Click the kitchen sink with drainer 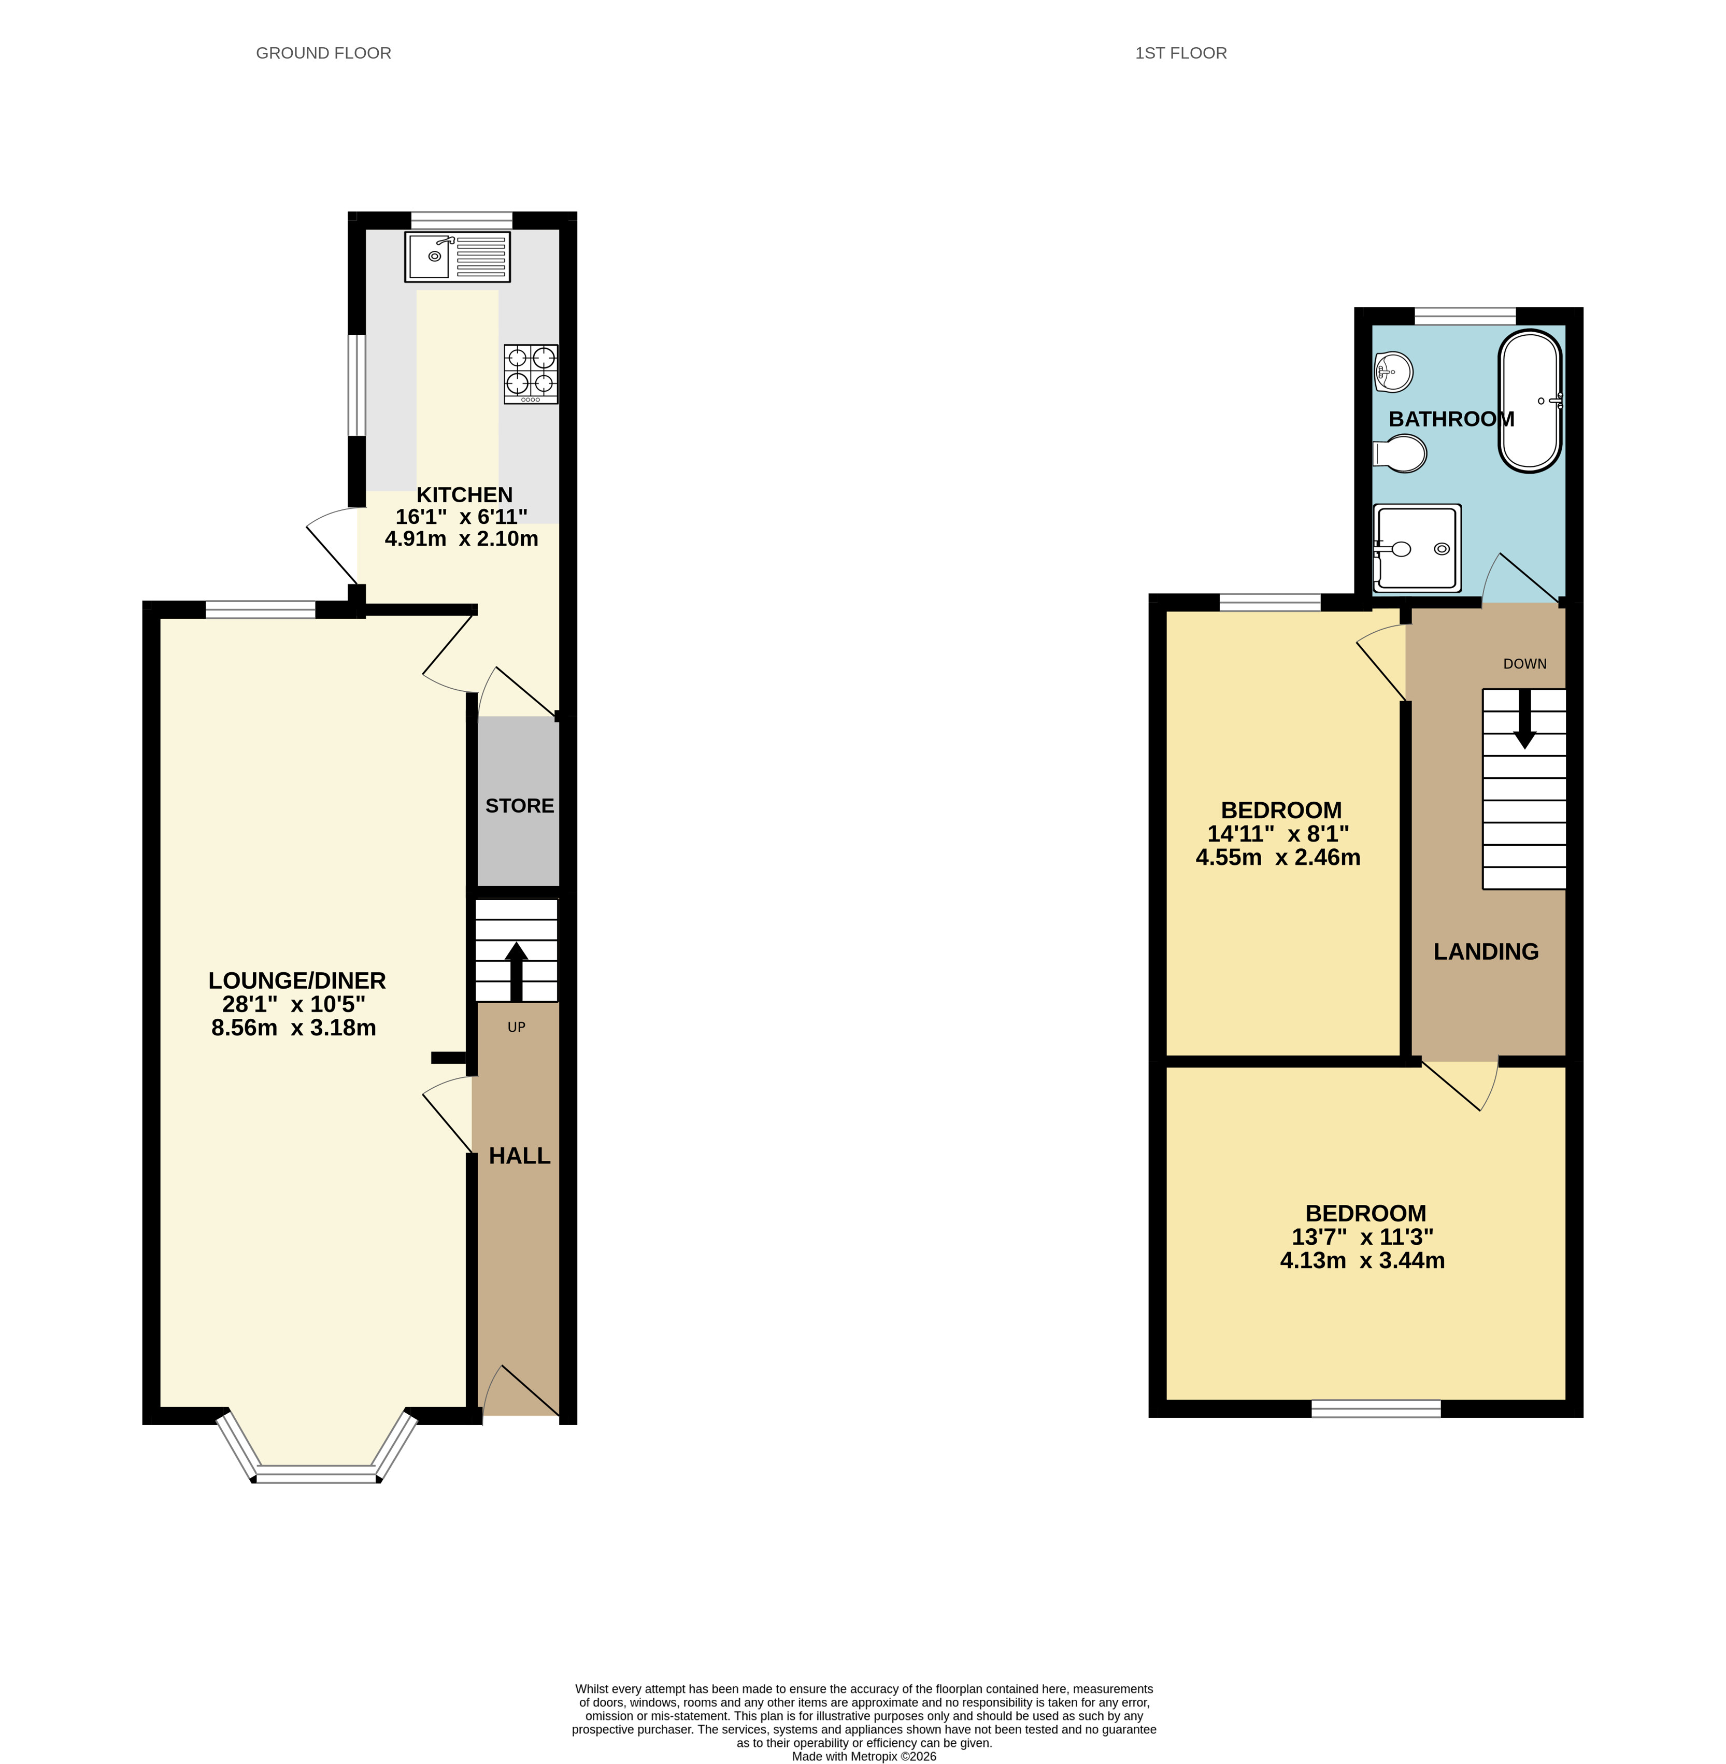pyautogui.click(x=457, y=257)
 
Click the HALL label pyautogui.click(x=519, y=1156)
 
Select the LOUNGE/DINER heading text pyautogui.click(x=297, y=981)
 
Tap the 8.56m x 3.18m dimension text pyautogui.click(x=294, y=1028)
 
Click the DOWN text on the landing pyautogui.click(x=1525, y=663)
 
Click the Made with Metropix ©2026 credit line pyautogui.click(x=864, y=1756)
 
